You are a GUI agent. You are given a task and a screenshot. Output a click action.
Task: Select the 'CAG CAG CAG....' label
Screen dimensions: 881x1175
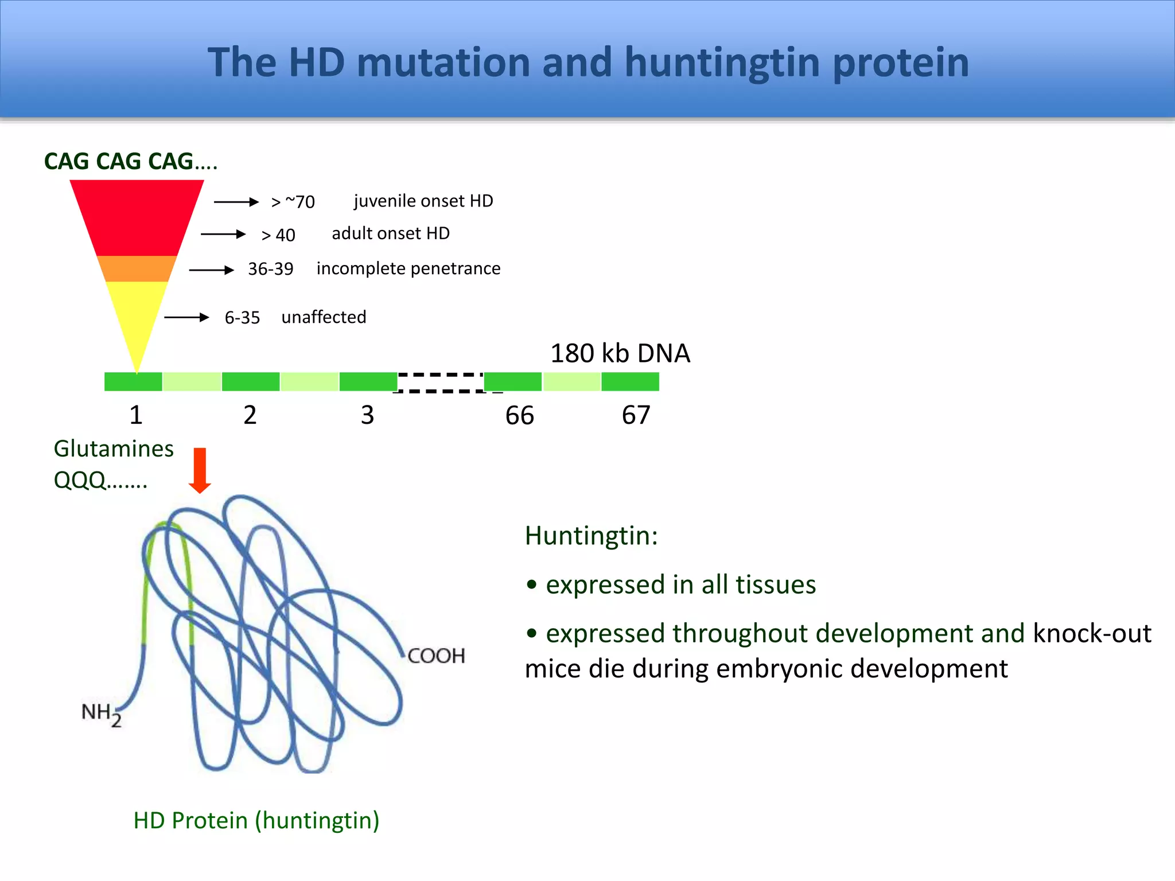131,161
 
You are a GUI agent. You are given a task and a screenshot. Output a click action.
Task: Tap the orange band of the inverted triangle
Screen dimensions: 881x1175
137,268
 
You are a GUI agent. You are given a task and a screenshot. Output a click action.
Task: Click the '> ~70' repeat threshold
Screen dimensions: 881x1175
293,202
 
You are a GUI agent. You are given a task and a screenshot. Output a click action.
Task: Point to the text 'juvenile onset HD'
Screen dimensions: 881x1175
423,201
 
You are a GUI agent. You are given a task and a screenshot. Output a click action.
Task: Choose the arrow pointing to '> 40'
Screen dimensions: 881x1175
223,234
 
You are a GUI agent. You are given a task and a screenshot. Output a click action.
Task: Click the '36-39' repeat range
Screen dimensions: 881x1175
270,268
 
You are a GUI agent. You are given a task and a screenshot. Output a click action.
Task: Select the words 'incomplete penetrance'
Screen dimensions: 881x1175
408,268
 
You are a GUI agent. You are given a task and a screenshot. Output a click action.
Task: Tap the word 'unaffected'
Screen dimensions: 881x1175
324,317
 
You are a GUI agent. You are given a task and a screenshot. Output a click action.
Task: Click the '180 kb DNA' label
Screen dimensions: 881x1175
620,353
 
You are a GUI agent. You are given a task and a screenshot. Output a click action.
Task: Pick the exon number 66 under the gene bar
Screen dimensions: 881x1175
519,415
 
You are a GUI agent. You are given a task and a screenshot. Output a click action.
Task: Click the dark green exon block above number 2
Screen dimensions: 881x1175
251,381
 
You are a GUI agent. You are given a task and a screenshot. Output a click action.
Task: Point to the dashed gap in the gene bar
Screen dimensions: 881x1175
440,383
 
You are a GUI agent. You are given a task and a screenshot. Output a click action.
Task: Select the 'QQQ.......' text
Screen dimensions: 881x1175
100,480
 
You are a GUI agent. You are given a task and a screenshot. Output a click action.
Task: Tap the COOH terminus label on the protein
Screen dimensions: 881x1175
436,656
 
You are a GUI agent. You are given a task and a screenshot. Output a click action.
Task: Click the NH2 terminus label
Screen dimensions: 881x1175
101,714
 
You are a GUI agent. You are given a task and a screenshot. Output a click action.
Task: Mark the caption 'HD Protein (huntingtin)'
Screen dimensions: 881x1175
256,820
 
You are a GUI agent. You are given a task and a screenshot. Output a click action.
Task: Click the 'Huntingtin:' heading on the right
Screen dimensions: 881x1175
591,536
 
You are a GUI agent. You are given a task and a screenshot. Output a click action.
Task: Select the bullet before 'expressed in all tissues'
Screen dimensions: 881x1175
532,585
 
